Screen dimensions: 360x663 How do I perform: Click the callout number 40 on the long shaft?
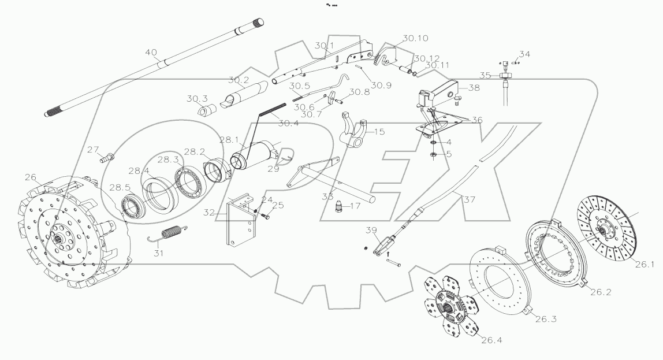[151, 53]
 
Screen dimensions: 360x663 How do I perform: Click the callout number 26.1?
[645, 265]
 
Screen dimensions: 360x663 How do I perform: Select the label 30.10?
[416, 39]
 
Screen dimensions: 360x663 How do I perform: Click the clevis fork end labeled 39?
[385, 245]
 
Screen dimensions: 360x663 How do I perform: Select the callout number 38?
[474, 89]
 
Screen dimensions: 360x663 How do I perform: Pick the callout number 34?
[524, 54]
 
